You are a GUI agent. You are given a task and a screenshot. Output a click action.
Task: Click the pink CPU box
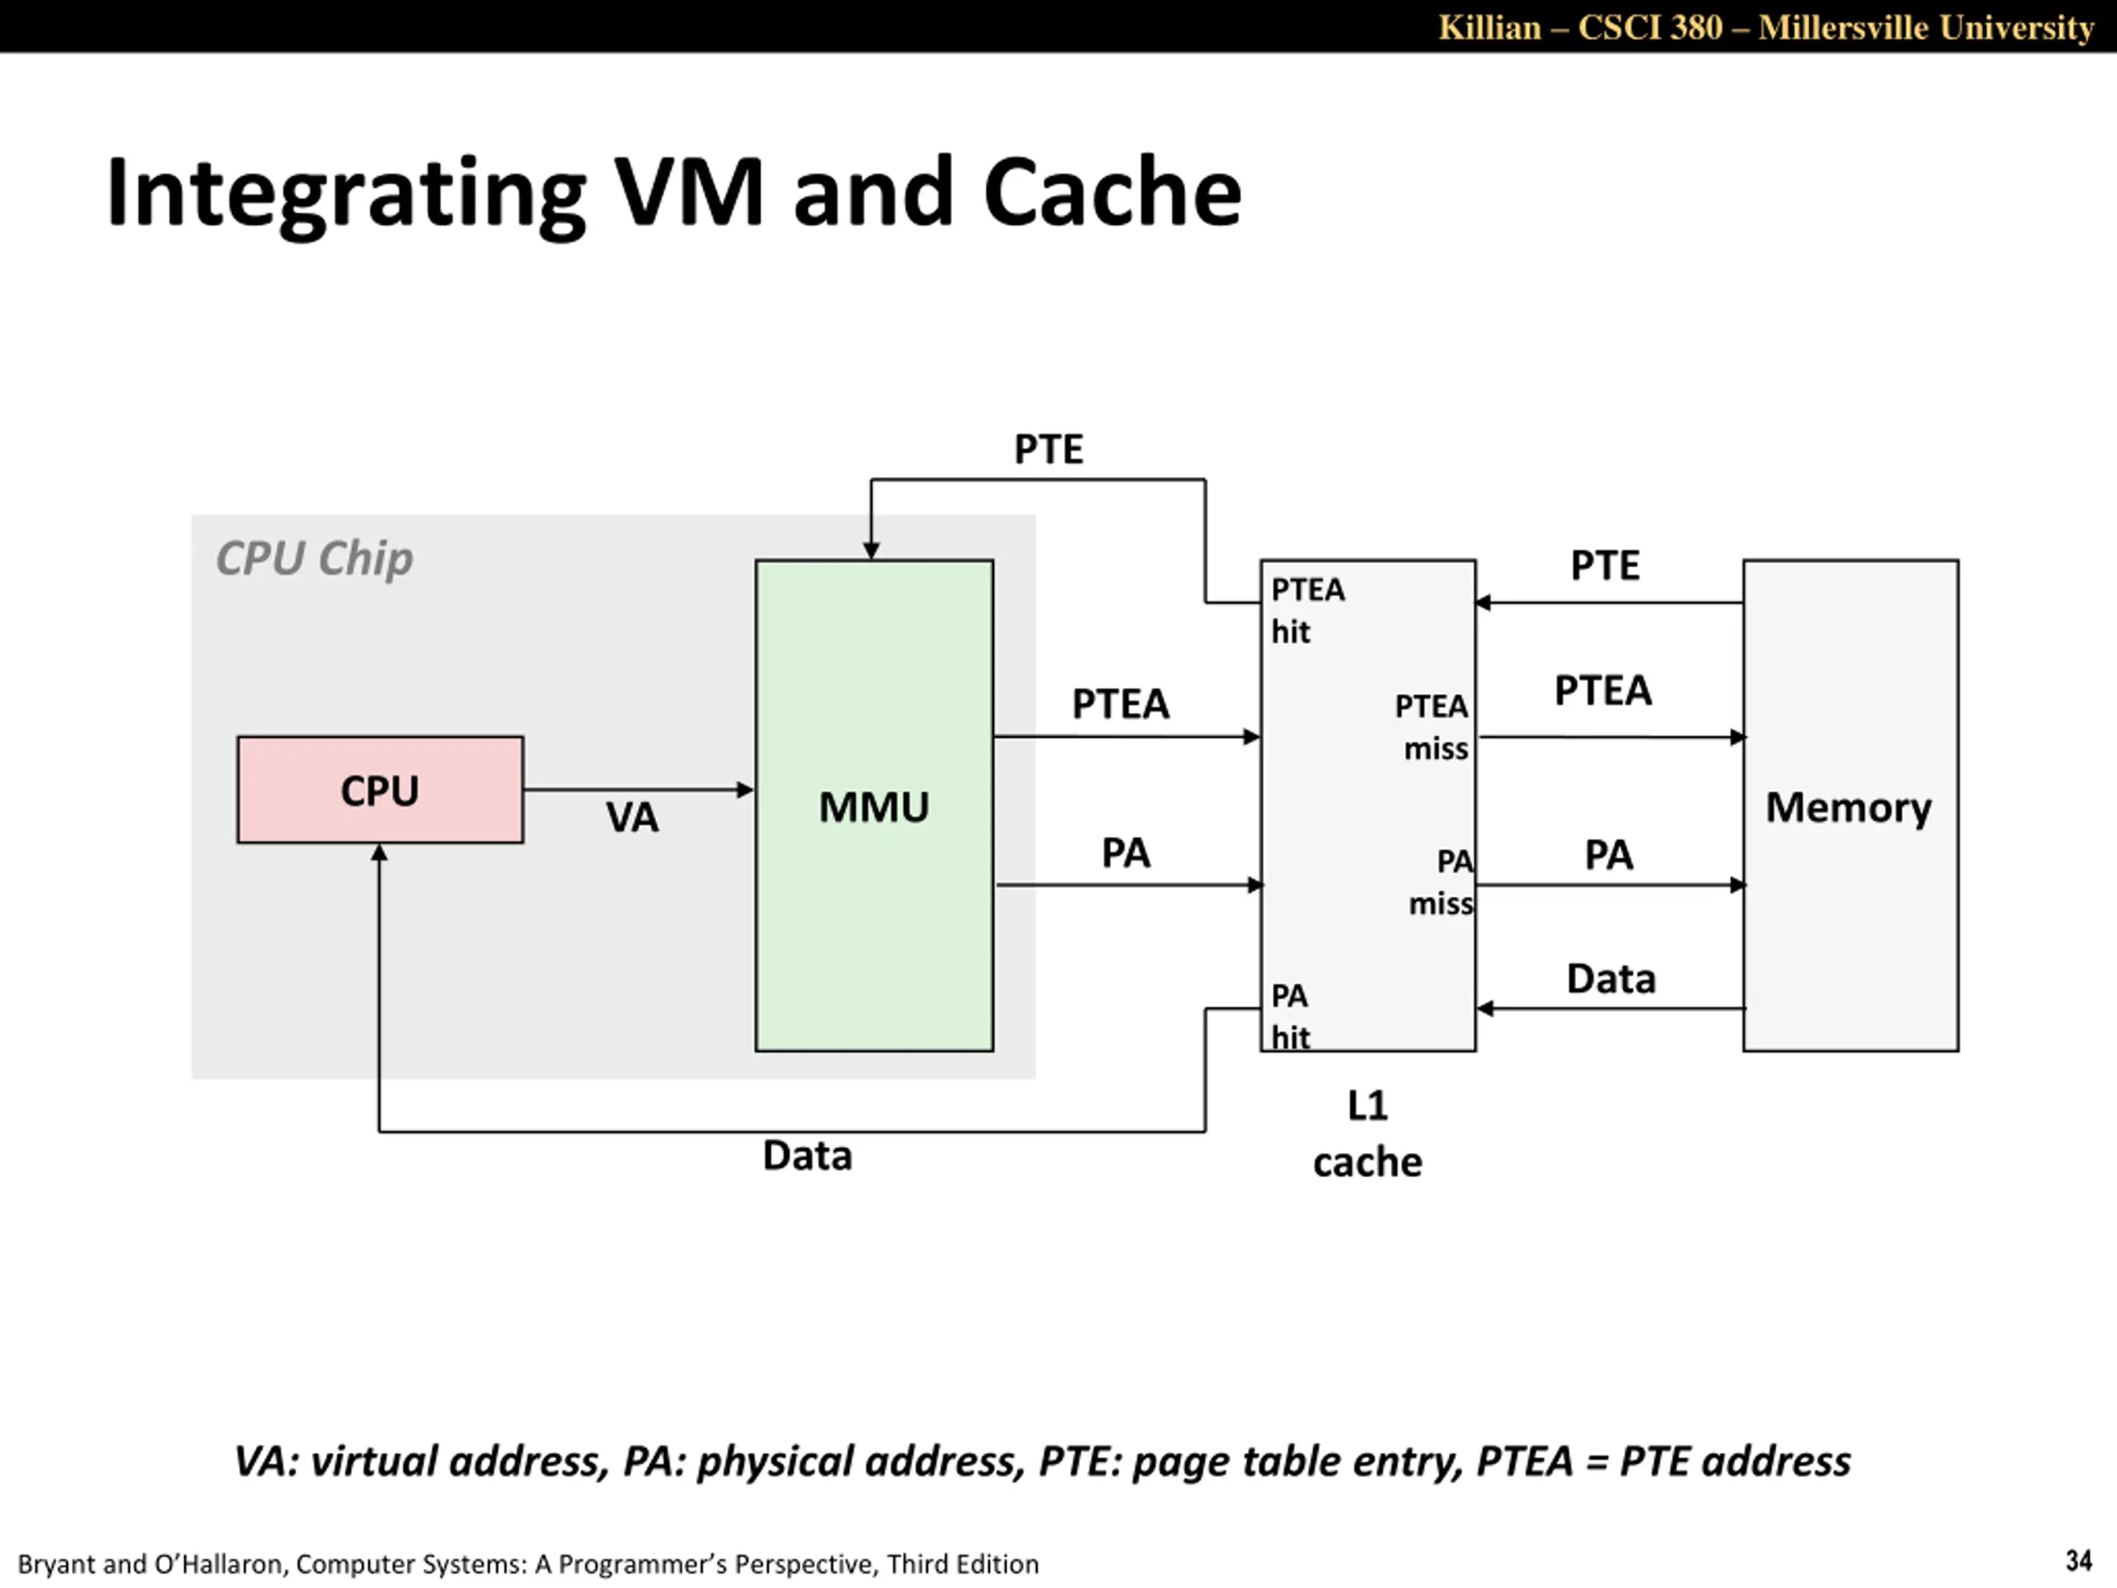click(380, 790)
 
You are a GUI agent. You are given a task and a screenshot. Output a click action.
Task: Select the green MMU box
click(874, 805)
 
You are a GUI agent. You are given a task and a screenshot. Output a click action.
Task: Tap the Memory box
click(1850, 805)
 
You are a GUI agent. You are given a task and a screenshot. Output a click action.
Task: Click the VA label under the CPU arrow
click(632, 817)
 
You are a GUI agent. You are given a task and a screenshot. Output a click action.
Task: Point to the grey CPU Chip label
click(314, 558)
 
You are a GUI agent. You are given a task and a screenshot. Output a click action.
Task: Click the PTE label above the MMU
click(1049, 449)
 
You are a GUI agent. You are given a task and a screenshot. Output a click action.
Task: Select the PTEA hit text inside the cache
click(1307, 610)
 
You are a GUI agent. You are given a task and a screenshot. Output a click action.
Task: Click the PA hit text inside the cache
click(1290, 1016)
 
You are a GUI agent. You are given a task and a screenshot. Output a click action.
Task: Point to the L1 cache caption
click(1368, 1134)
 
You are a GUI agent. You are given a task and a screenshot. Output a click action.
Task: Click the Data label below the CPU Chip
click(807, 1155)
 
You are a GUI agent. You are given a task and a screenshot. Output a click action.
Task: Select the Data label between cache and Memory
click(1611, 978)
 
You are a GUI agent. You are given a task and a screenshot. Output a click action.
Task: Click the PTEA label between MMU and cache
click(1121, 704)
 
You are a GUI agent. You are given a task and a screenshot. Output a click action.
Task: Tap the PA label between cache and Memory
click(1608, 854)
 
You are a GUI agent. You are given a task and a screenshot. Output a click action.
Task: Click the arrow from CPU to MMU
click(639, 790)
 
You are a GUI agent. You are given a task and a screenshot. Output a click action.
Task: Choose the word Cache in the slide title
click(1112, 193)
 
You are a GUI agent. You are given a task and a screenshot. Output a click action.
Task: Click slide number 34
click(2078, 1562)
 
